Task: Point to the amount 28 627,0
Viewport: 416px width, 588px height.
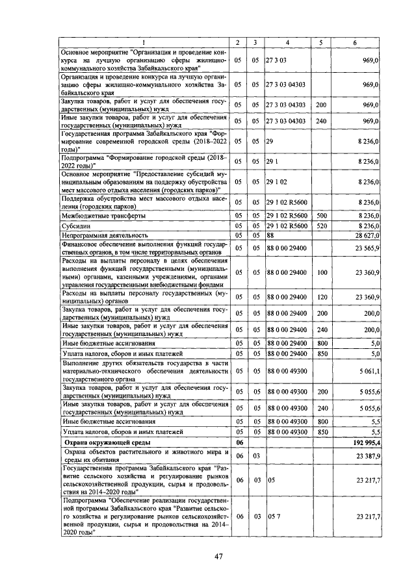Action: pos(367,235)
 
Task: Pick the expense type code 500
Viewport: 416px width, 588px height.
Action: pos(320,215)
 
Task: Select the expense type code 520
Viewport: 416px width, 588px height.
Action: pos(320,225)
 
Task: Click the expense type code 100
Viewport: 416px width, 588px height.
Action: pos(320,272)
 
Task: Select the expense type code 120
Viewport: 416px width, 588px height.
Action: pos(320,296)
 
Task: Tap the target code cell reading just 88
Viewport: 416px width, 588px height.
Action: pos(271,235)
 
